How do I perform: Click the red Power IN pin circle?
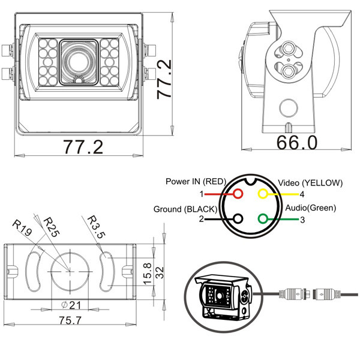tap(238, 194)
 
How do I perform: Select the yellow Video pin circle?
tap(262, 194)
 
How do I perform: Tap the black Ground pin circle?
tap(238, 220)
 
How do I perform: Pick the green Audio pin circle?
tap(262, 220)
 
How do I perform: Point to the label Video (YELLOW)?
tap(309, 183)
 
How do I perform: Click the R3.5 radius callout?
tap(97, 227)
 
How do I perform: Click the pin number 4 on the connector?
tap(302, 194)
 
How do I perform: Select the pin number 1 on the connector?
tap(202, 194)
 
